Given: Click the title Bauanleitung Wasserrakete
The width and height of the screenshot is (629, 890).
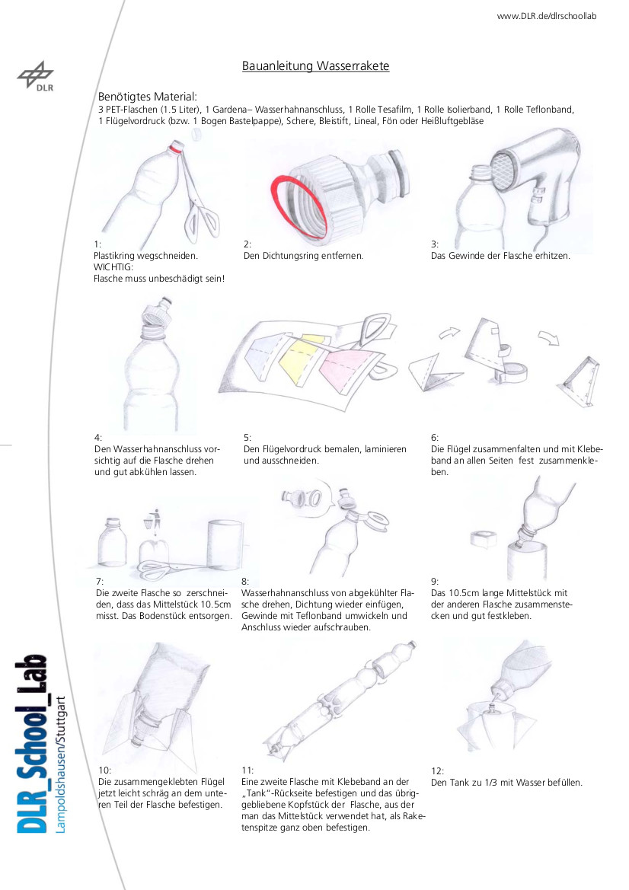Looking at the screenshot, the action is tap(315, 65).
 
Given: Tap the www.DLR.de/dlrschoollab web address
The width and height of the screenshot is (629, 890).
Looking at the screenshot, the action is tap(547, 16).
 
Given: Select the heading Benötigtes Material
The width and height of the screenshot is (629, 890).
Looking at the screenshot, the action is tap(148, 97).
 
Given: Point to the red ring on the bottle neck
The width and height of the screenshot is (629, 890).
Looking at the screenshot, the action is tap(176, 148).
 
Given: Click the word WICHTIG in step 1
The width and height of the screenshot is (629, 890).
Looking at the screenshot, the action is tap(113, 266).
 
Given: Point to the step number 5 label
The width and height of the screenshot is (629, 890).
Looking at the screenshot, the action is tap(247, 438).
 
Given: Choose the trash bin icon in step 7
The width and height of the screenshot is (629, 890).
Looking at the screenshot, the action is tap(155, 521).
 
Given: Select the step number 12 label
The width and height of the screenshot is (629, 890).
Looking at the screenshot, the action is tap(437, 770).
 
